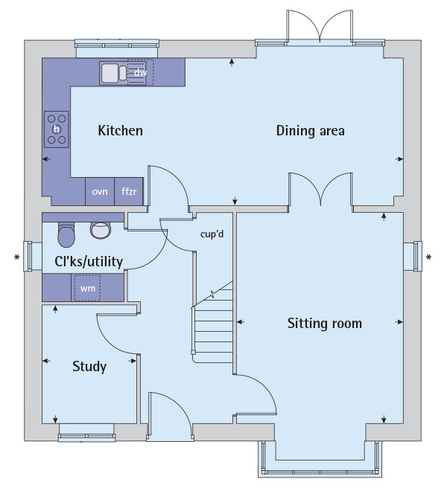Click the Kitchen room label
pyautogui.click(x=120, y=131)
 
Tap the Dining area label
pyautogui.click(x=310, y=131)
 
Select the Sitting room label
pyautogui.click(x=325, y=323)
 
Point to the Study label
pyautogui.click(x=89, y=366)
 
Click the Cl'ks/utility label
pyautogui.click(x=89, y=262)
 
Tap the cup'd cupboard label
pyautogui.click(x=212, y=234)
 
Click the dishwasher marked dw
pyautogui.click(x=140, y=73)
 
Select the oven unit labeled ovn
pyautogui.click(x=100, y=191)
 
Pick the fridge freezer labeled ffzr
pyautogui.click(x=129, y=191)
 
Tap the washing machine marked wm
pyautogui.click(x=87, y=288)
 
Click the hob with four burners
pyautogui.click(x=57, y=129)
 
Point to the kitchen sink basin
pyautogui.click(x=110, y=73)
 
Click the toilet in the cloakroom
pyautogui.click(x=66, y=234)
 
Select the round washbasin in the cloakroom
pyautogui.click(x=101, y=230)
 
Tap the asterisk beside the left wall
pyautogui.click(x=16, y=257)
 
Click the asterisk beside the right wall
pyautogui.click(x=428, y=257)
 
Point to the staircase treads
pyautogui.click(x=213, y=323)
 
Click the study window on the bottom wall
pyautogui.click(x=86, y=433)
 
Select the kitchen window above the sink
pyautogui.click(x=117, y=48)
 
